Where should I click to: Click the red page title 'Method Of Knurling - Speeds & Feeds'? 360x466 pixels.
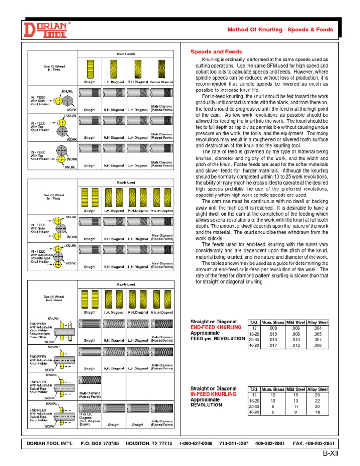coord(280,30)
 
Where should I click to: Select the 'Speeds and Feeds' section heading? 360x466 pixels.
coord(216,52)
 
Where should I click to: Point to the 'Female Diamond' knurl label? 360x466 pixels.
coord(162,82)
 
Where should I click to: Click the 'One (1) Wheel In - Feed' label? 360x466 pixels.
coord(52,68)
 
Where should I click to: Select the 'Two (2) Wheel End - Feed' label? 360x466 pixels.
coord(52,299)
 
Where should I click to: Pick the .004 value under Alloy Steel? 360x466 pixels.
coord(317,329)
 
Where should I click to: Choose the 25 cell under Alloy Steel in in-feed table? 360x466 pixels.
coord(317,395)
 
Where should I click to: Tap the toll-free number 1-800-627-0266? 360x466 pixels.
coord(196,443)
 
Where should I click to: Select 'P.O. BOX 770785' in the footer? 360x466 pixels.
coord(100,443)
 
